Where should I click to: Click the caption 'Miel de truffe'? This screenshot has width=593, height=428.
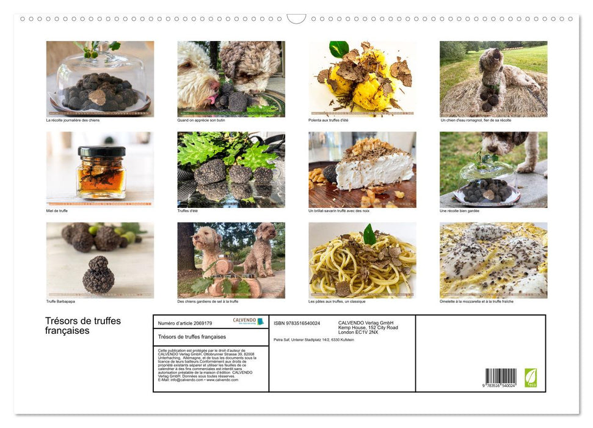57,210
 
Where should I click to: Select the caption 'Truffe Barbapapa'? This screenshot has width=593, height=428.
60,301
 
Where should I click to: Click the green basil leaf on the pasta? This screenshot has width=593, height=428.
369,234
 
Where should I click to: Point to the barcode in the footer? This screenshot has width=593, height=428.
501,377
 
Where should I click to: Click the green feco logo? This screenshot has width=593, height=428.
531,377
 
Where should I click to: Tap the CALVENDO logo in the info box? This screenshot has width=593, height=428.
248,321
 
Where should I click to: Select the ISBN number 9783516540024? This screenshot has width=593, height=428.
297,323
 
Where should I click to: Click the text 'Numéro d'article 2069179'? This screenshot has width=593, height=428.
185,323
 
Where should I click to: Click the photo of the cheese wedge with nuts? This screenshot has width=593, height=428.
362,169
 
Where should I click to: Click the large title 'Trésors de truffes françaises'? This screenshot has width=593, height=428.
83,325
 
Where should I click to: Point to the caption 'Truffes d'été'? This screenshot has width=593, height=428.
187,210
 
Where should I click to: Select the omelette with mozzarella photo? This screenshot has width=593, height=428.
493,260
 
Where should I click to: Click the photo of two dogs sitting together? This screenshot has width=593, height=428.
231,260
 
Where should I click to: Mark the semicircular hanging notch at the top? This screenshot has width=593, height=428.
296,18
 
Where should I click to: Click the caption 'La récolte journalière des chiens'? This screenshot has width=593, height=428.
73,120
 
